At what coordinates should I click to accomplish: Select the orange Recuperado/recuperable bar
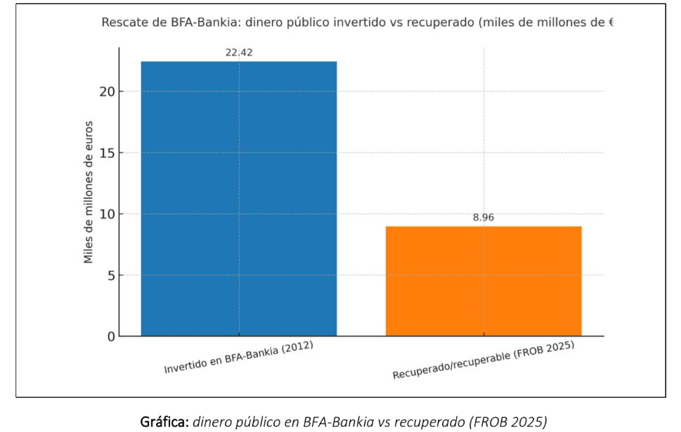tap(484, 281)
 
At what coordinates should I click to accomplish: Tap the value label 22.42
tap(239, 51)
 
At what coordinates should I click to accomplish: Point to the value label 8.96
tap(484, 218)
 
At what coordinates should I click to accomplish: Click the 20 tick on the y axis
tap(105, 92)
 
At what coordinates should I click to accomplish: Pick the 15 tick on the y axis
tap(105, 153)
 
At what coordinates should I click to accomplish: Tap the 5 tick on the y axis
tap(109, 275)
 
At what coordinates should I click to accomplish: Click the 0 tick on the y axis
tap(109, 336)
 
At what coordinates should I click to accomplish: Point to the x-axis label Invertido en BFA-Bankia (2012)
tap(239, 358)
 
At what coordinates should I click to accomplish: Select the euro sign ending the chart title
tap(611, 22)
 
